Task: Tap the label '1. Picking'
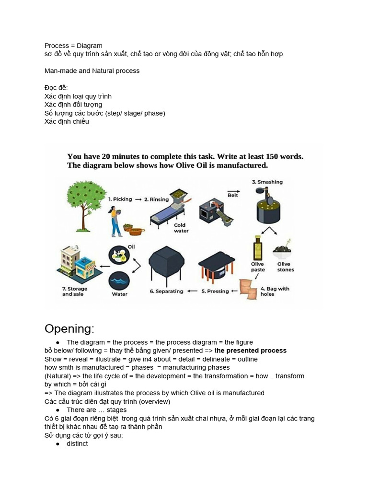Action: coord(120,199)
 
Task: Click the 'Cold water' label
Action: coord(180,228)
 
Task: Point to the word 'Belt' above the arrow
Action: coord(233,195)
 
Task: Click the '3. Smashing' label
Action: coord(267,182)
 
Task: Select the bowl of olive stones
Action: coord(283,249)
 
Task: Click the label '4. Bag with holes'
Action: coord(275,292)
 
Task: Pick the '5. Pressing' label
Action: coord(215,291)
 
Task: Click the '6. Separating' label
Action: coord(167,291)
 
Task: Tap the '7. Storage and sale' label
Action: coord(75,292)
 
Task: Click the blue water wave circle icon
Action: coord(119,281)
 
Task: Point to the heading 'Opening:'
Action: coord(69,329)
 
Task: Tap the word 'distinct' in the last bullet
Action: coord(77,444)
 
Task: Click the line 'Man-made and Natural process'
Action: coord(92,71)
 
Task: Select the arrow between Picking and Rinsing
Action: coord(138,199)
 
